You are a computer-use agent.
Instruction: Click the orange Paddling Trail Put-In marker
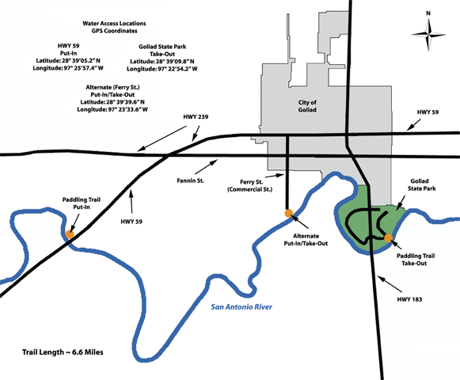pyautogui.click(x=70, y=234)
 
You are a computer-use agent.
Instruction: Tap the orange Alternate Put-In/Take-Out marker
pyautogui.click(x=289, y=213)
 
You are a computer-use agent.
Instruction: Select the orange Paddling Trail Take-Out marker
pyautogui.click(x=389, y=238)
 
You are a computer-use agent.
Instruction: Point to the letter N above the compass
pyautogui.click(x=428, y=13)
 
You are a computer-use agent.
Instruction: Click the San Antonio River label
pyautogui.click(x=241, y=307)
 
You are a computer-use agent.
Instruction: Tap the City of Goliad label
pyautogui.click(x=307, y=106)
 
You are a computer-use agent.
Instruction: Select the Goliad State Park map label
pyautogui.click(x=421, y=184)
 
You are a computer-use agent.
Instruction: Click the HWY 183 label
pyautogui.click(x=409, y=299)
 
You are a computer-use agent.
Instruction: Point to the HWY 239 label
pyautogui.click(x=196, y=117)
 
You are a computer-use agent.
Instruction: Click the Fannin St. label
pyautogui.click(x=190, y=180)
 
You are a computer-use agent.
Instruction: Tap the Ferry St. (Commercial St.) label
pyautogui.click(x=249, y=186)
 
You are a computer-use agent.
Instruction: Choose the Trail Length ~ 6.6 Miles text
pyautogui.click(x=63, y=352)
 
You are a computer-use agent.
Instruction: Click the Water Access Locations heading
pyautogui.click(x=114, y=24)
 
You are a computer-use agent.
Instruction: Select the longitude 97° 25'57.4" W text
pyautogui.click(x=68, y=68)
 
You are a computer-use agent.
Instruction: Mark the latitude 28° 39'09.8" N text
pyautogui.click(x=162, y=61)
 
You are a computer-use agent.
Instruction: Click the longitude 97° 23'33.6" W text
pyautogui.click(x=112, y=109)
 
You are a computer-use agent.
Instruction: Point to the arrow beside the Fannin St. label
pyautogui.click(x=206, y=167)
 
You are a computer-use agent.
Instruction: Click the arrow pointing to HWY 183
pyautogui.click(x=390, y=283)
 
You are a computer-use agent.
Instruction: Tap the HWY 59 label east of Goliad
pyautogui.click(x=428, y=112)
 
